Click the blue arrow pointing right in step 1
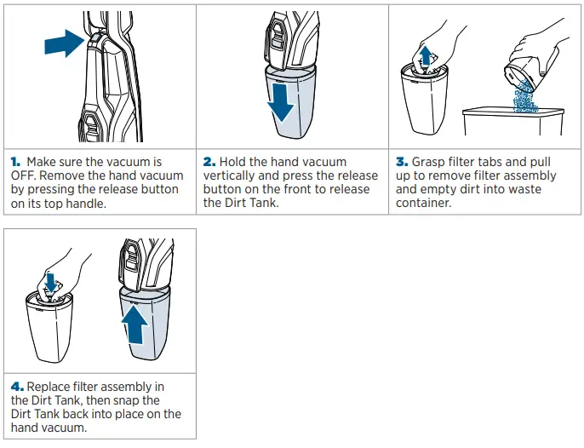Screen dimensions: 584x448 [64, 43]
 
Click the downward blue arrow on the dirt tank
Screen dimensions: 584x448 [282, 102]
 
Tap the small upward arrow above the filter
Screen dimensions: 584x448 [425, 55]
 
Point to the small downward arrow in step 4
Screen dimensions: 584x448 [51, 282]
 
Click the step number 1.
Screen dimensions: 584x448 [15, 162]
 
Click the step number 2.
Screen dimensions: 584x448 [209, 162]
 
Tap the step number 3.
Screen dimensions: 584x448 [402, 162]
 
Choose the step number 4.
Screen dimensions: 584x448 [17, 387]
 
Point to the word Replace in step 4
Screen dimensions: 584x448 [49, 388]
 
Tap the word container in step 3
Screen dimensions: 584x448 [423, 203]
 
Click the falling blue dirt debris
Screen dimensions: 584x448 [525, 95]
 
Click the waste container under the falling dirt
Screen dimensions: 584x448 [513, 122]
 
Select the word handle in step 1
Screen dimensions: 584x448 [86, 203]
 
